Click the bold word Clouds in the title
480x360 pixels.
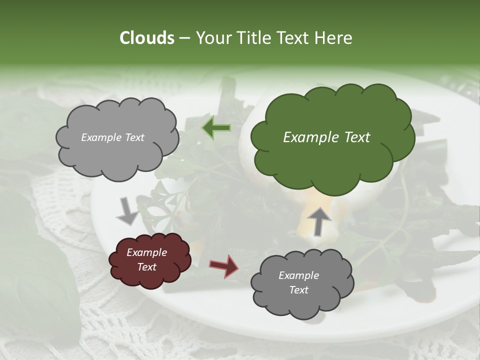(147, 38)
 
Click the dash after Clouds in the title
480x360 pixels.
(184, 38)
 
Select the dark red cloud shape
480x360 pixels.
(150, 260)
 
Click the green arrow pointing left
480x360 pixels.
(216, 128)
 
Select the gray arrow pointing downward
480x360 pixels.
(127, 210)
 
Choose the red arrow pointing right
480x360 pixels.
(223, 265)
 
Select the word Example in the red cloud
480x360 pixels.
(146, 252)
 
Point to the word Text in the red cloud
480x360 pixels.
(146, 267)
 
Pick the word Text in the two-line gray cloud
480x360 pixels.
(298, 290)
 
